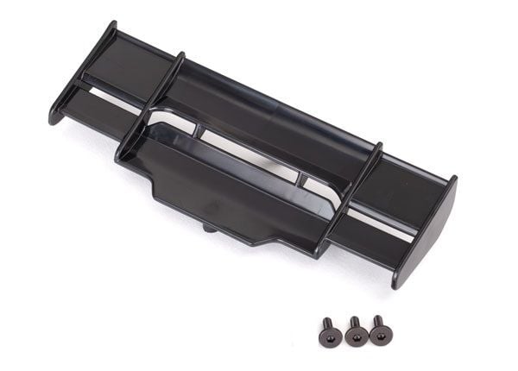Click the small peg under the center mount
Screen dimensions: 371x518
210,229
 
